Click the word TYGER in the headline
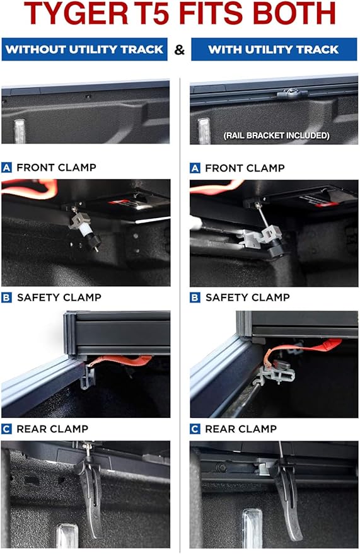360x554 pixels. click(x=75, y=13)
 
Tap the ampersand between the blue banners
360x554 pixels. click(x=180, y=50)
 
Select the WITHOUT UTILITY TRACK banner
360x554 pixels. click(x=84, y=49)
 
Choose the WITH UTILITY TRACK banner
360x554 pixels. click(x=274, y=49)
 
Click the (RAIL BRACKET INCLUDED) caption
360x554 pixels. click(x=277, y=136)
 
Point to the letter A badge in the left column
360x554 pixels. click(x=7, y=168)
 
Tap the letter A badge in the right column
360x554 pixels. click(x=195, y=168)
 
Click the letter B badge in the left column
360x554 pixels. click(x=7, y=297)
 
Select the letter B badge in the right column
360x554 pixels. click(x=195, y=297)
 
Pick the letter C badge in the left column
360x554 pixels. click(x=7, y=429)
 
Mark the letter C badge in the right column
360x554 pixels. click(x=195, y=429)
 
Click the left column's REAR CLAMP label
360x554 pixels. click(x=52, y=429)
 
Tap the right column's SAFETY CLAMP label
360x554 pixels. click(x=248, y=297)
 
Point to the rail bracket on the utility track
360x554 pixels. click(x=292, y=94)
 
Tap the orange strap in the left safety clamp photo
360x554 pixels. click(x=120, y=361)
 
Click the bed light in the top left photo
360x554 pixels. click(x=20, y=131)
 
